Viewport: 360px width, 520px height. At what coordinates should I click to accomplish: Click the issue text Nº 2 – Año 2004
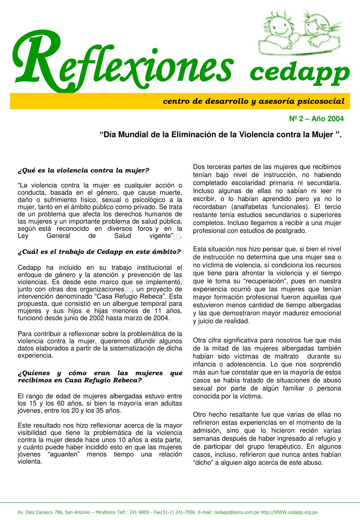(316, 119)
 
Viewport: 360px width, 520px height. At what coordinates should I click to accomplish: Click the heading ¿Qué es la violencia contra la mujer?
(84, 171)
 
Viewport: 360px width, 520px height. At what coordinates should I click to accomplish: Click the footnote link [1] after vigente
(176, 236)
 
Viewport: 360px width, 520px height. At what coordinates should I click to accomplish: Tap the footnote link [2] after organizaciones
(128, 289)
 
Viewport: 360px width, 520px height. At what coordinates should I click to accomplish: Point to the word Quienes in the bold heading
(34, 373)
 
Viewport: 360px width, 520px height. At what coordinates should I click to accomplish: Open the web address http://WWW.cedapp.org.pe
(291, 512)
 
